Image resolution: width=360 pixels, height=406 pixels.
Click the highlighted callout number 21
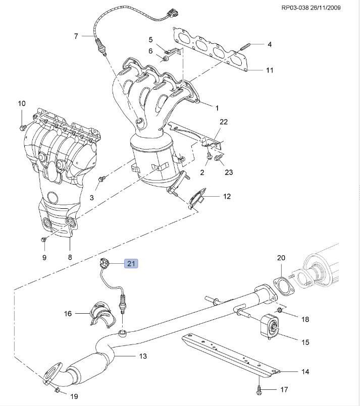point(131,264)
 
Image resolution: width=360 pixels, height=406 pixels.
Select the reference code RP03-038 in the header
point(295,8)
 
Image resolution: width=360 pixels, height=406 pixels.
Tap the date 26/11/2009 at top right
point(325,8)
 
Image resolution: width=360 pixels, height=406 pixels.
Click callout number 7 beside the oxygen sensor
point(76,36)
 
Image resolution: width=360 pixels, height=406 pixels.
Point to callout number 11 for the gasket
point(270,70)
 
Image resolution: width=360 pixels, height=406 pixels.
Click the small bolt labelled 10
point(23,127)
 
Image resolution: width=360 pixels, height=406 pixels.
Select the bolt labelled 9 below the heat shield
point(43,240)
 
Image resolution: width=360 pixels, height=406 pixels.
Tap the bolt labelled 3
point(101,179)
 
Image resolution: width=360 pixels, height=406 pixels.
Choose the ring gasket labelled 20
point(284,286)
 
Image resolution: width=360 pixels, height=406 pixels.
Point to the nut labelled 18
point(279,310)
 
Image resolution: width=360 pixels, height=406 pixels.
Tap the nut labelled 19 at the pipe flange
point(58,389)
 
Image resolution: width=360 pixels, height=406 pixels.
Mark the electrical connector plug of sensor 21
point(104,264)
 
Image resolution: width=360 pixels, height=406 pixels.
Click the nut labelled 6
point(165,59)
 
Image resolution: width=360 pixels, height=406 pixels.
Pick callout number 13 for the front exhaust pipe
point(143,356)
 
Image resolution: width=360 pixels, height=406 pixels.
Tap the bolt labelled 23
point(218,158)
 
